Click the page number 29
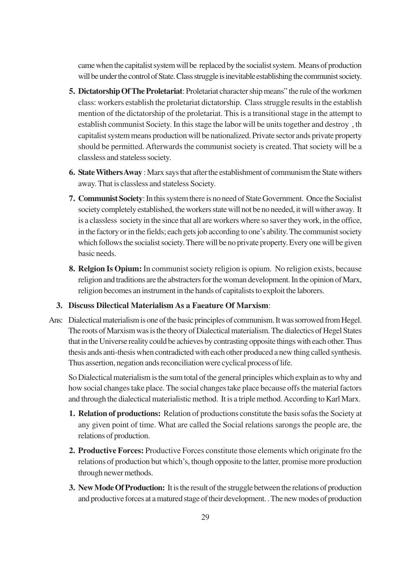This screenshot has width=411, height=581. (205, 517)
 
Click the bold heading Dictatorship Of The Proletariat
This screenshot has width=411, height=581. (130, 91)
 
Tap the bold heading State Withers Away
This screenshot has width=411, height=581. (110, 173)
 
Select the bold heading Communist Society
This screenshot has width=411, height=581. (110, 199)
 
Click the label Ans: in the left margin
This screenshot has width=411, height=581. (56, 320)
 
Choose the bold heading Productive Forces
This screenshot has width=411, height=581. (111, 451)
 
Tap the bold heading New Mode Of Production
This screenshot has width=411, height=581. (121, 488)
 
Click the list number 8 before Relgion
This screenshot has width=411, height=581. (72, 269)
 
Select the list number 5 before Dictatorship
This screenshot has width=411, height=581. (72, 91)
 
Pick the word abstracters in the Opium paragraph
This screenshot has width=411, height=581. (184, 280)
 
